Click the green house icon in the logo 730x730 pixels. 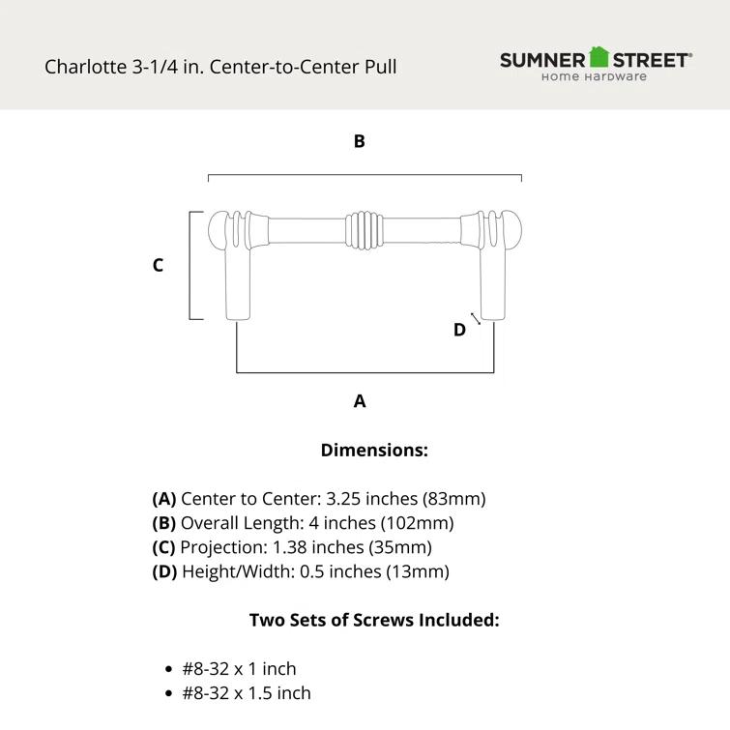[x=599, y=57]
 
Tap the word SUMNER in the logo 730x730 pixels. [x=542, y=60]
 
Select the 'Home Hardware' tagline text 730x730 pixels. [x=594, y=77]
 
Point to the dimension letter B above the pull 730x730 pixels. [x=359, y=141]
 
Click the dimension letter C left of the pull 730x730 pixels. [x=158, y=265]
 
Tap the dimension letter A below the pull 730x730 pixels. [x=360, y=400]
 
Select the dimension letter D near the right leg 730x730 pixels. [x=459, y=330]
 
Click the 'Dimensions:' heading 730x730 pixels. [x=374, y=450]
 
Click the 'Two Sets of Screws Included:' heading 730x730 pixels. [x=374, y=620]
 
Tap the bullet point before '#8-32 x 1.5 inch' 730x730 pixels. [x=169, y=693]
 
